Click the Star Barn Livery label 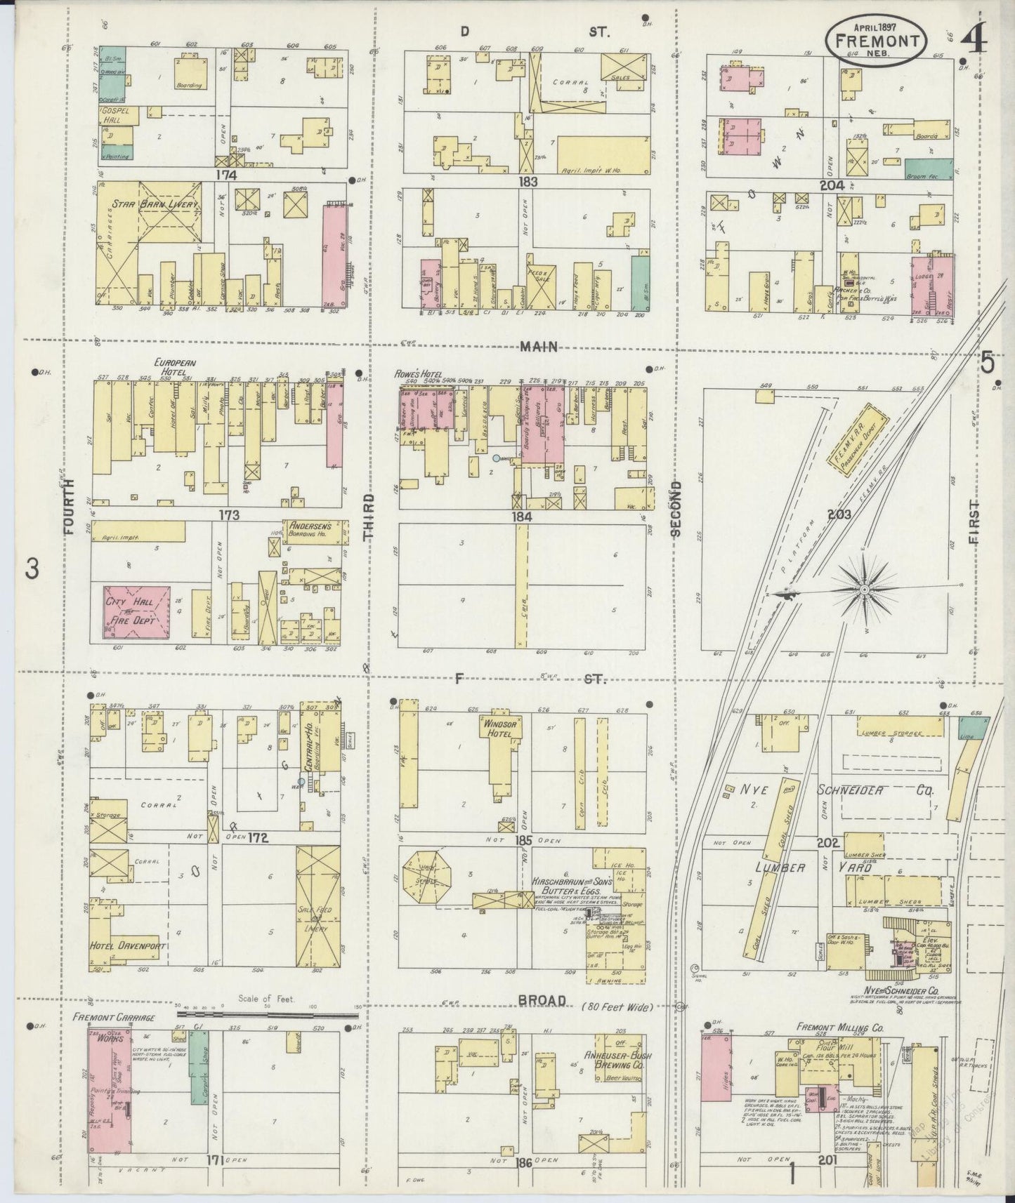(157, 204)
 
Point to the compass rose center (864, 591)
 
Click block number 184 (522, 517)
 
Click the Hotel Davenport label (127, 947)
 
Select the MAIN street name (539, 346)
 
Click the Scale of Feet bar (267, 1013)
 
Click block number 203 (839, 514)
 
